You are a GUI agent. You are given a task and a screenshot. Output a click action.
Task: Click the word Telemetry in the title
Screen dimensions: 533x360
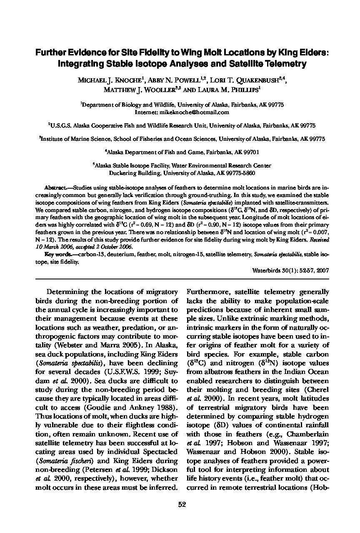point(284,64)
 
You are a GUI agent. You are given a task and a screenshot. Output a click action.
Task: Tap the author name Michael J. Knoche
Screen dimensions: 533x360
point(110,80)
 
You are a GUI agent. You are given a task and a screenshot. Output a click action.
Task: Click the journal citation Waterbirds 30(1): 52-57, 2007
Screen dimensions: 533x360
point(290,270)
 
